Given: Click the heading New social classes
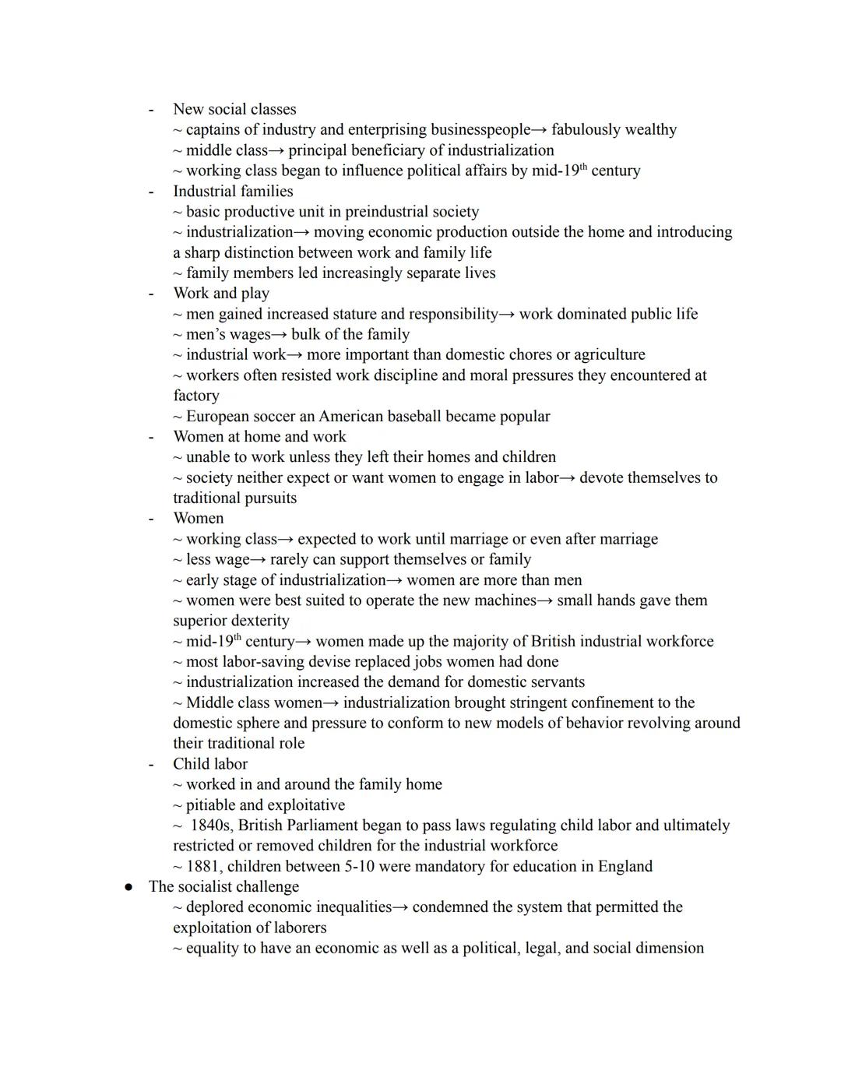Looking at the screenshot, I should tap(234, 109).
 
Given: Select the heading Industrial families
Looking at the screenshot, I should tap(233, 191).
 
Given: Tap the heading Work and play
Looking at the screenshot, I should tap(221, 293).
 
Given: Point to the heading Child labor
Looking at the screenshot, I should tap(210, 763).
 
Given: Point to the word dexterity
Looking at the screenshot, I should tap(257, 621).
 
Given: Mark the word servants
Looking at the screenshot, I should tap(554, 681).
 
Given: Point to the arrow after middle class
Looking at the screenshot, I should tap(277, 150).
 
